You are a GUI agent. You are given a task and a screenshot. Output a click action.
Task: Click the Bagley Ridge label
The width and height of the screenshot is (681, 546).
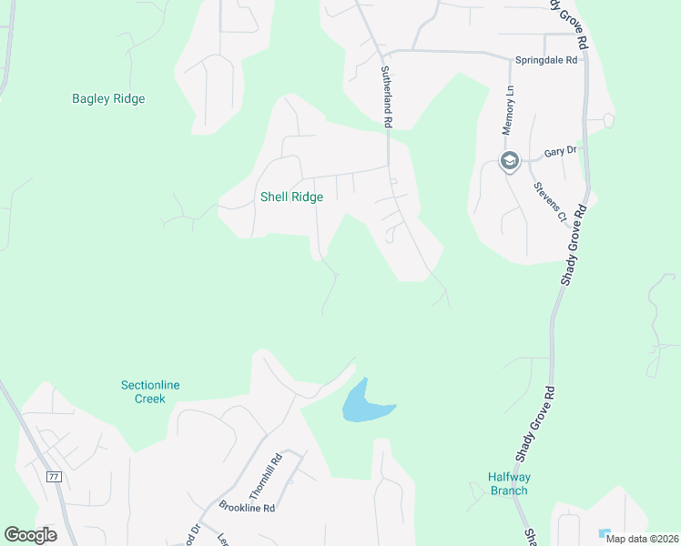[108, 99]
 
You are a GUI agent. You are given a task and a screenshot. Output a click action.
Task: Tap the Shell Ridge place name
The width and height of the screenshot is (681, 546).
[291, 197]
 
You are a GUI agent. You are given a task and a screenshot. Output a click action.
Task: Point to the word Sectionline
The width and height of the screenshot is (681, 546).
[150, 385]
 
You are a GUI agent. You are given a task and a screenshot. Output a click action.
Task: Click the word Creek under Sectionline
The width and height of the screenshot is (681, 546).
[150, 399]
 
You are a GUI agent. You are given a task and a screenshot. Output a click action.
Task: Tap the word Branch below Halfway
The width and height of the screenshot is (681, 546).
[509, 490]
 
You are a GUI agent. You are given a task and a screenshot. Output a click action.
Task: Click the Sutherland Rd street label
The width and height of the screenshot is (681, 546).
[386, 96]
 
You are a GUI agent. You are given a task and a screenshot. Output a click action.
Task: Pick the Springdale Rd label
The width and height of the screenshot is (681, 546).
[546, 60]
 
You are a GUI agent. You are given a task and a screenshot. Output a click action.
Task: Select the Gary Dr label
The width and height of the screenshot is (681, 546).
[560, 152]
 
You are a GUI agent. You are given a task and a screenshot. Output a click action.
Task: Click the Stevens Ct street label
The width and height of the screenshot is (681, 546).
[550, 201]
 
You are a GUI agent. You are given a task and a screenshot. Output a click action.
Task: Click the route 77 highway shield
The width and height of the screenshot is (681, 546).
[54, 476]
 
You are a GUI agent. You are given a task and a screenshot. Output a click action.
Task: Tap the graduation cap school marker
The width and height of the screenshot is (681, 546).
[509, 162]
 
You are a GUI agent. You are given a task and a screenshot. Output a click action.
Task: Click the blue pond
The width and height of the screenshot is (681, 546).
[362, 403]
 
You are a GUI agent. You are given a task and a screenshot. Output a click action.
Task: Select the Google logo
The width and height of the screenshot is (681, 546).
[30, 534]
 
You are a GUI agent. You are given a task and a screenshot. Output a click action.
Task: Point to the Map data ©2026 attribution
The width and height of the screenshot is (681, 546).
[643, 539]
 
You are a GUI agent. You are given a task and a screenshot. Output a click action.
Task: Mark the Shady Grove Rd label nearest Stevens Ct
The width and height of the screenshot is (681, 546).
[574, 247]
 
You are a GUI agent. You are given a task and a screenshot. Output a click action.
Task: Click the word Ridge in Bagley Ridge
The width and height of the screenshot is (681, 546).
[128, 99]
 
